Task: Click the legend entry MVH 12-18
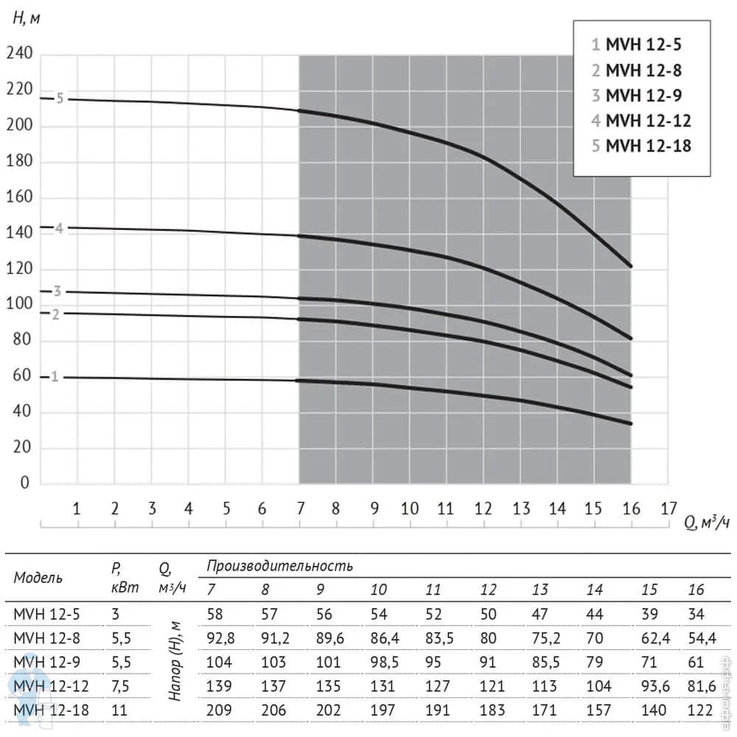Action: [641, 145]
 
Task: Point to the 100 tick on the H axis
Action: [20, 305]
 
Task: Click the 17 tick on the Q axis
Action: [668, 509]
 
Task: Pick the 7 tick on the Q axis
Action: [301, 509]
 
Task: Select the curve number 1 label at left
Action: [55, 377]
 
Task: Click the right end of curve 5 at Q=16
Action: [631, 265]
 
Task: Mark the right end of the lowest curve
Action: [631, 423]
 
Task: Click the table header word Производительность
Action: [280, 566]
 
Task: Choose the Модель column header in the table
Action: [38, 578]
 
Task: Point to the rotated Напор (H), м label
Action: [175, 662]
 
